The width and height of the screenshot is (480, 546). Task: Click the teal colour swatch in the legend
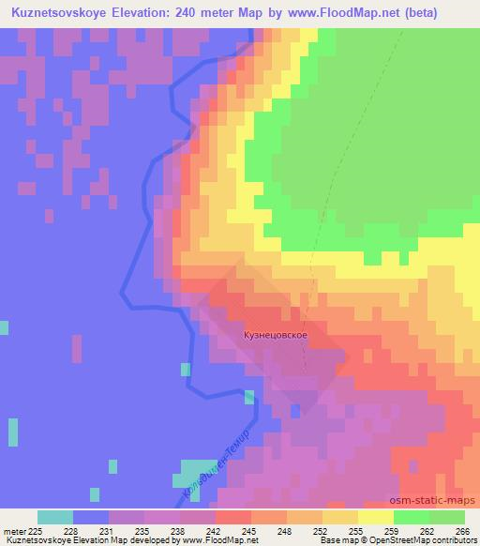coord(55,517)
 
